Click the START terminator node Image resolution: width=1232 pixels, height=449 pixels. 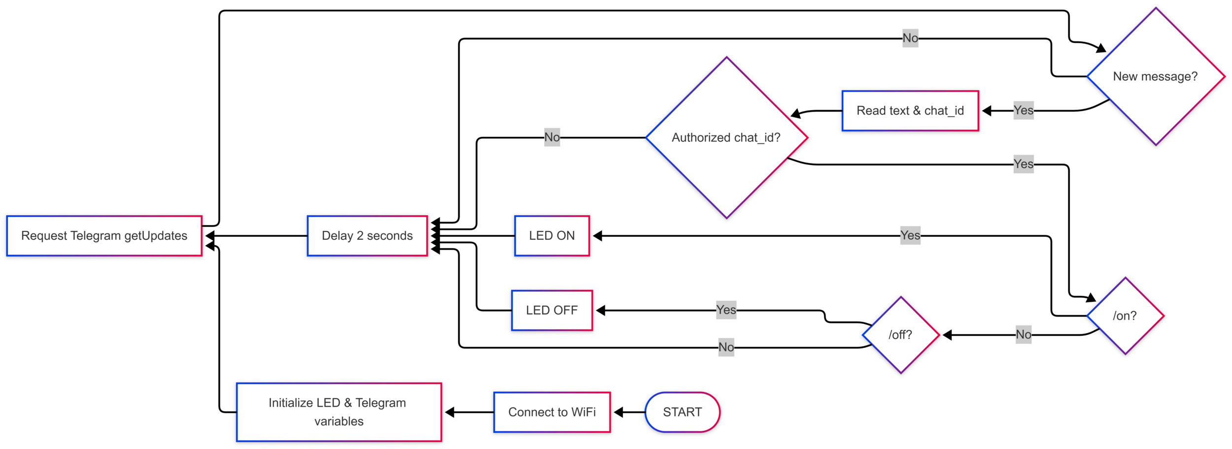pyautogui.click(x=682, y=412)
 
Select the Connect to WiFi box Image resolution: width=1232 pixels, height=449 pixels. pyautogui.click(x=552, y=412)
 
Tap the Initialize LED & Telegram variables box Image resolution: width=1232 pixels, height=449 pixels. pyautogui.click(x=339, y=412)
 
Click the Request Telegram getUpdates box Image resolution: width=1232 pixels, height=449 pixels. pyautogui.click(x=104, y=236)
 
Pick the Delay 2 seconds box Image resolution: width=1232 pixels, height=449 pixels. pyautogui.click(x=367, y=236)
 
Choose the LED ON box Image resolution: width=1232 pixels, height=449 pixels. pyautogui.click(x=552, y=236)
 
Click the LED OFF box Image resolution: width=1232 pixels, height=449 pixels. pyautogui.click(x=552, y=310)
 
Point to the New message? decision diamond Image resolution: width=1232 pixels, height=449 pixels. pyautogui.click(x=1156, y=76)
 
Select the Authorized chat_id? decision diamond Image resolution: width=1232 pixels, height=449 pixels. pyautogui.click(x=726, y=138)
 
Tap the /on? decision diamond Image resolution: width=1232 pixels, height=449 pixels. pyautogui.click(x=1125, y=316)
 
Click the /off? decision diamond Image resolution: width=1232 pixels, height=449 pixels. pyautogui.click(x=901, y=335)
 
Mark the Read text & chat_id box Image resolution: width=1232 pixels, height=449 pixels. pyautogui.click(x=910, y=111)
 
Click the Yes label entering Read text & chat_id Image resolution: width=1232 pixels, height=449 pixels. pyautogui.click(x=1024, y=110)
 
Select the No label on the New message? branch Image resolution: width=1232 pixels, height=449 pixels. pyautogui.click(x=910, y=38)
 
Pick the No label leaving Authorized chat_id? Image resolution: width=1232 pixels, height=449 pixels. pyautogui.click(x=552, y=137)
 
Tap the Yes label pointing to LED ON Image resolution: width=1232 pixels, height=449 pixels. pyautogui.click(x=910, y=235)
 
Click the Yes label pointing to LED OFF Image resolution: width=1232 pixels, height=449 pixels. pyautogui.click(x=726, y=310)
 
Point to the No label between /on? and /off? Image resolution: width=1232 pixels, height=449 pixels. pyautogui.click(x=1024, y=335)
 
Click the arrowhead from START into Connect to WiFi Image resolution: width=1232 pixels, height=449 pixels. pyautogui.click(x=619, y=412)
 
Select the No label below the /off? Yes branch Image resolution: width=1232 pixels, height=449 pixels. pyautogui.click(x=726, y=347)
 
